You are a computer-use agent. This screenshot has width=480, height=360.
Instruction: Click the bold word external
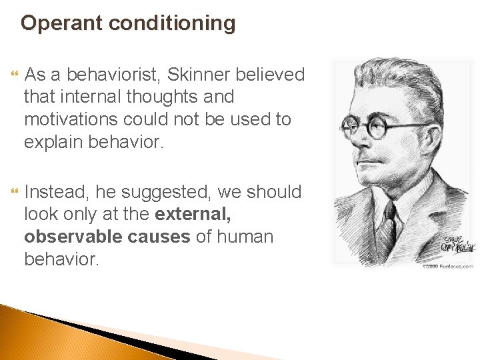[x=194, y=215]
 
